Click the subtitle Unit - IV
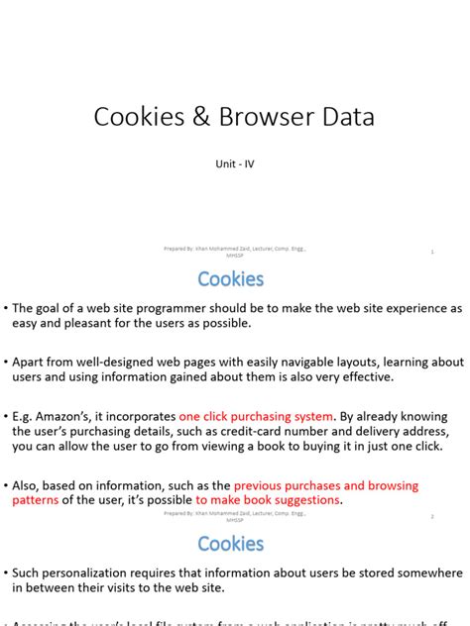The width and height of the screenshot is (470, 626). pyautogui.click(x=235, y=164)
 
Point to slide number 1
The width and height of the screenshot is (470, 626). pyautogui.click(x=432, y=253)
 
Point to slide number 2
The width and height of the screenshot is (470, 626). pyautogui.click(x=432, y=516)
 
